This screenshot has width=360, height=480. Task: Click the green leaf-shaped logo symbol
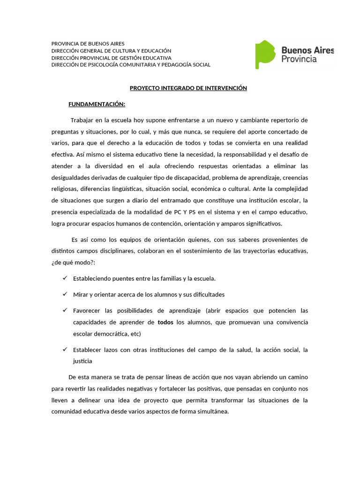265,54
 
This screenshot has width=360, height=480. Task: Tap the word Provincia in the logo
299,59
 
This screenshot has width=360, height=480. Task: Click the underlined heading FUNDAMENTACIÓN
97,104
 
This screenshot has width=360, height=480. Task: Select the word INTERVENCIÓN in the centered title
224,88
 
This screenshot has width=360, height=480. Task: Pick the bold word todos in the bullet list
165,322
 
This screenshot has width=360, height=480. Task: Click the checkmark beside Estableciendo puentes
65,278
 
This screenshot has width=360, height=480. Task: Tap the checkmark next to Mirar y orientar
65,294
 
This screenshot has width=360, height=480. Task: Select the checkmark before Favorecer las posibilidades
65,310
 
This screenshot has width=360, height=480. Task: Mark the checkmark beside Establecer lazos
65,350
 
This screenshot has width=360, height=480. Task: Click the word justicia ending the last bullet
82,361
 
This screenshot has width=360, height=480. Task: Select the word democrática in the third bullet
109,334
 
